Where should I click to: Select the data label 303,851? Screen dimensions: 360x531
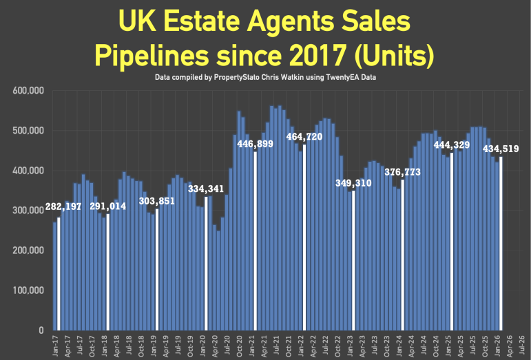coord(158,201)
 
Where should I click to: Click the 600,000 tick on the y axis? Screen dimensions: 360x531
coord(28,91)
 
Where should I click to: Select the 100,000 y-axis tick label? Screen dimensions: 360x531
coord(28,290)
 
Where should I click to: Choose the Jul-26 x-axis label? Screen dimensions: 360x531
coord(527,344)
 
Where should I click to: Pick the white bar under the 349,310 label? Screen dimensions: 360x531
coord(353,262)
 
